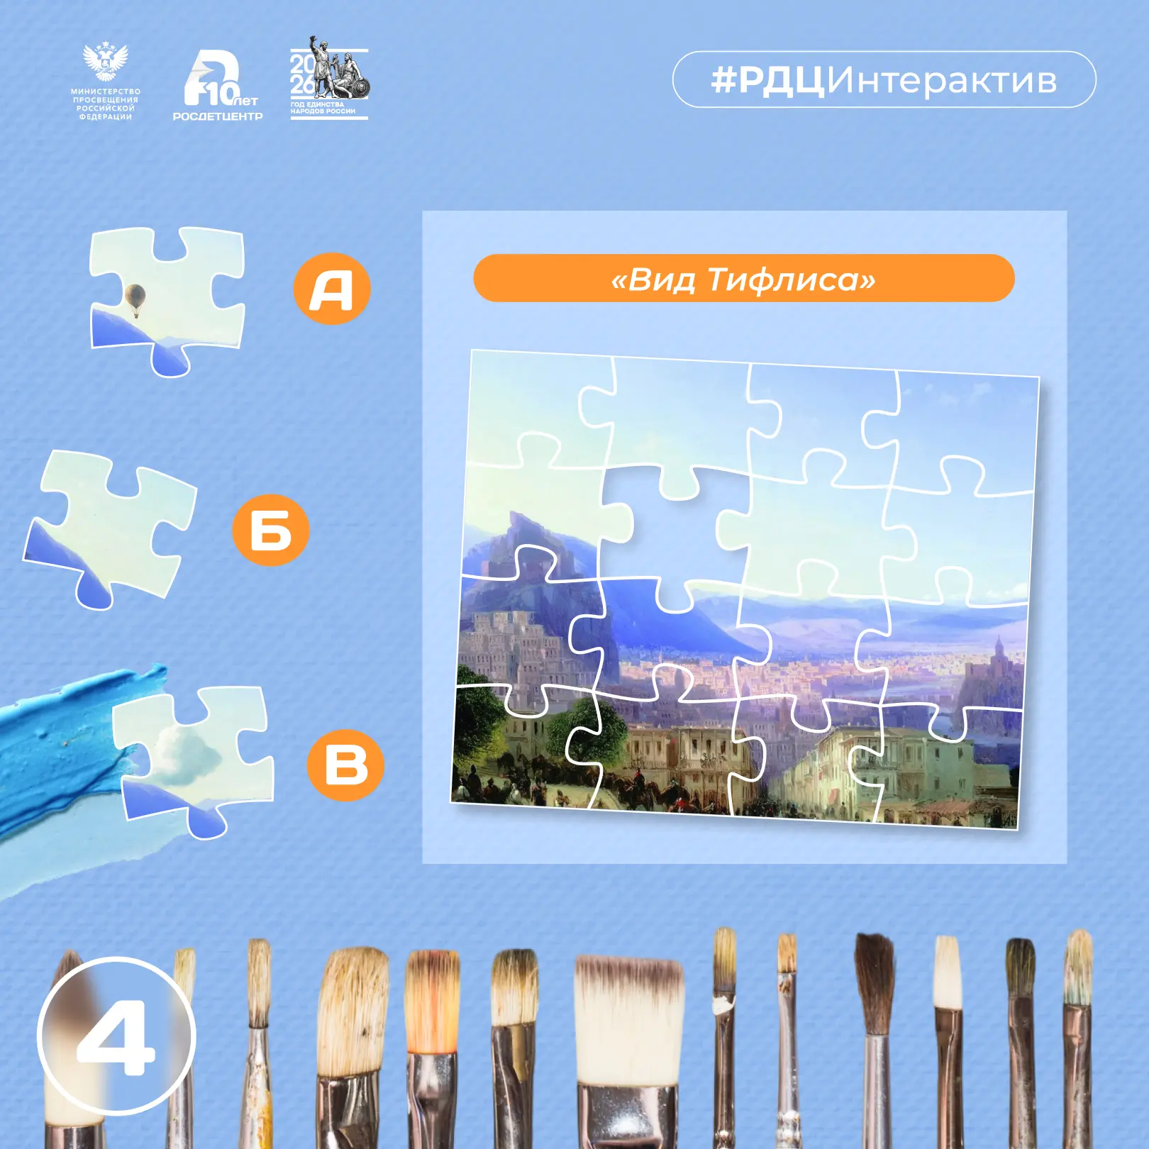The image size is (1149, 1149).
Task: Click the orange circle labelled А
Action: tap(332, 289)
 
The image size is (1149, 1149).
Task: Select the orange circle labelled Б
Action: tap(270, 529)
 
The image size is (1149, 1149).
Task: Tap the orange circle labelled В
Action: tap(345, 765)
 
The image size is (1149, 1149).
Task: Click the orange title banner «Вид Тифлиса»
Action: tap(743, 278)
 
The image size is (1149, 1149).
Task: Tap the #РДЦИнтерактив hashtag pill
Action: tap(884, 79)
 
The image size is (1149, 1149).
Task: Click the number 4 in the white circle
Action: tap(116, 1037)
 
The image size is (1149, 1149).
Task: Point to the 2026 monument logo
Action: tap(328, 78)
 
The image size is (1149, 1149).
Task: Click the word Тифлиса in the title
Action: tap(792, 279)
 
